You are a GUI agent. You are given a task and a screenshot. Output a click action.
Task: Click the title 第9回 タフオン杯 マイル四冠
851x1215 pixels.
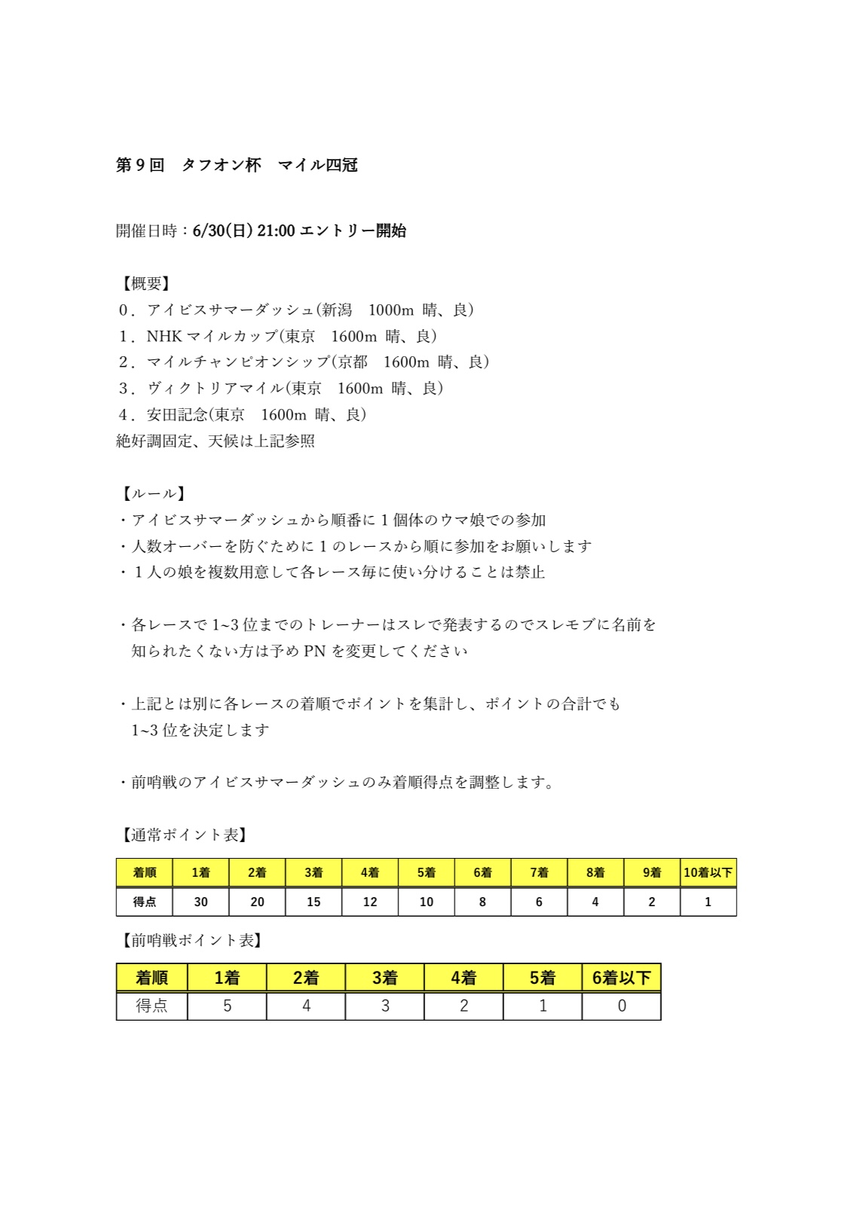(x=236, y=165)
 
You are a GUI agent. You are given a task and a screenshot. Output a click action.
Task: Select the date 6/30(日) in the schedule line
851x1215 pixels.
(x=222, y=230)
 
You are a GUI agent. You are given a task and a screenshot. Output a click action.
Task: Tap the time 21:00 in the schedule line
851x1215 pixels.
(x=276, y=230)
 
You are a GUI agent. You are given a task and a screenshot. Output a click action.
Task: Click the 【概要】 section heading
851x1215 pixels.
(x=146, y=283)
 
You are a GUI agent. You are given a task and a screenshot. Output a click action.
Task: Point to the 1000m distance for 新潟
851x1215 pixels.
(x=390, y=310)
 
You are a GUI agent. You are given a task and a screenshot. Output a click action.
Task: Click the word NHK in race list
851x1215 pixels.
(x=164, y=336)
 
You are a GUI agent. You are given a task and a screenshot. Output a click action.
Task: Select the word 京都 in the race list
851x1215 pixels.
(x=353, y=362)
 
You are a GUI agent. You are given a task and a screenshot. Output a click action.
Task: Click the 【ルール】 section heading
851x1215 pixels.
(x=154, y=493)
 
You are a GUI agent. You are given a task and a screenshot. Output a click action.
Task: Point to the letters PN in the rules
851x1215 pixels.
(x=314, y=651)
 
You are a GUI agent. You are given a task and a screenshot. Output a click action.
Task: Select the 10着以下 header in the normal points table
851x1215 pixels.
(x=708, y=872)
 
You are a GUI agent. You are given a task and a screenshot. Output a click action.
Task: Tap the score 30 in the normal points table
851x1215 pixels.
(x=201, y=902)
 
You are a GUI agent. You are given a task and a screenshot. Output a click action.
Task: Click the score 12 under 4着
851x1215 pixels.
(x=369, y=902)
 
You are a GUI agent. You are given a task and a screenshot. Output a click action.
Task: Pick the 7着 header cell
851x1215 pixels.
(x=539, y=872)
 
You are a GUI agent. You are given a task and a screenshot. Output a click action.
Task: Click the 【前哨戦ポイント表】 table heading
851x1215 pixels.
(x=192, y=940)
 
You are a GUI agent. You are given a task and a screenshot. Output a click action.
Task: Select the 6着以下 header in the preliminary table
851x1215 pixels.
(x=621, y=978)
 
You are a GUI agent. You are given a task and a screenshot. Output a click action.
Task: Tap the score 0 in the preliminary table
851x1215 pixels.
(x=621, y=1006)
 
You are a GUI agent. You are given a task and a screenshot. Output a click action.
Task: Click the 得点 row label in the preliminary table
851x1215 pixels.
(x=152, y=1006)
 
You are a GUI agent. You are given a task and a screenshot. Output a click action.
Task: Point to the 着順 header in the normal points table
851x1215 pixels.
(x=144, y=872)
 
